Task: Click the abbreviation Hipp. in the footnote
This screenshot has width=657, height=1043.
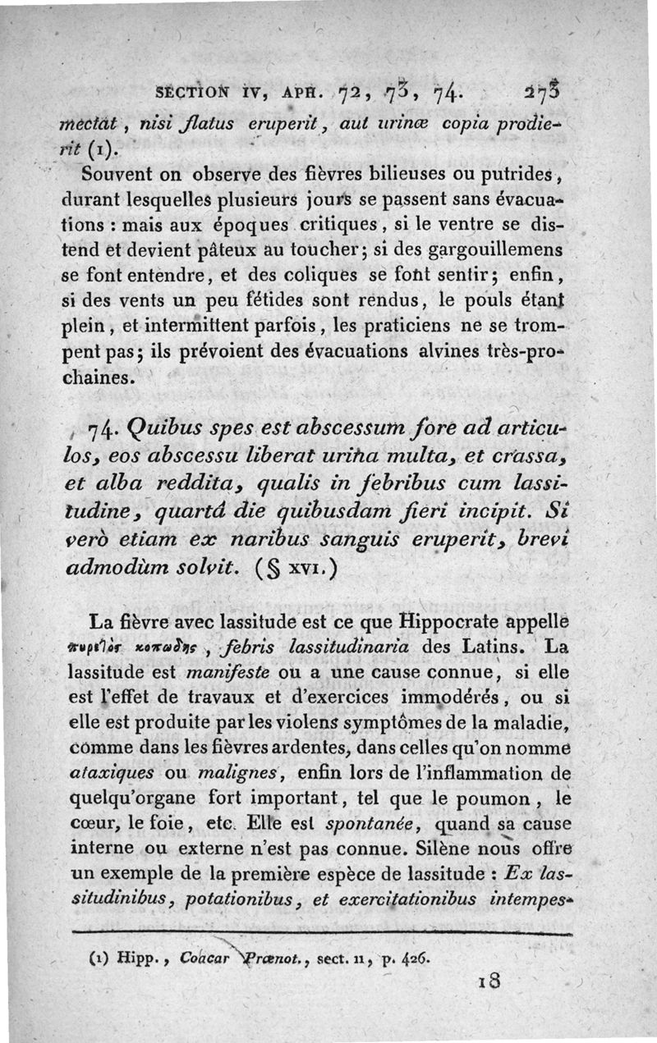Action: point(137,957)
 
